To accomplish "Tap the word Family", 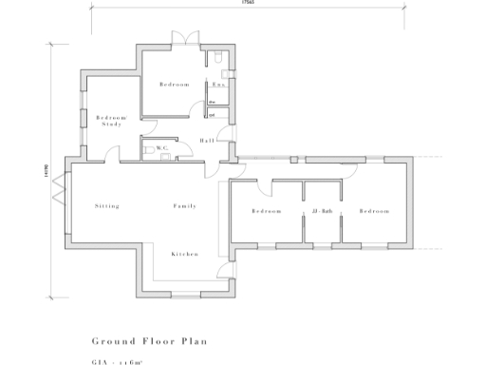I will click(x=184, y=205).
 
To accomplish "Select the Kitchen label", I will click(x=184, y=254).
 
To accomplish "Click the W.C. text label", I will click(x=162, y=148).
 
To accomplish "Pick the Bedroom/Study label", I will click(x=112, y=121).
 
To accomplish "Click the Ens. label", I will click(x=217, y=85).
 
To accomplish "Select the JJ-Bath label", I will click(x=321, y=210).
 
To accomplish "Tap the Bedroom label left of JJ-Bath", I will click(x=267, y=210).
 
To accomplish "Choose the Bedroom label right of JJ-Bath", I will click(x=374, y=210).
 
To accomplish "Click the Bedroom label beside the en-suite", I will click(x=175, y=85).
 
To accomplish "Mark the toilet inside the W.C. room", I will click(x=148, y=149).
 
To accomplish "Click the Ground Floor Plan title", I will click(x=149, y=339).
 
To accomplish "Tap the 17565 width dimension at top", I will click(x=249, y=4).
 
